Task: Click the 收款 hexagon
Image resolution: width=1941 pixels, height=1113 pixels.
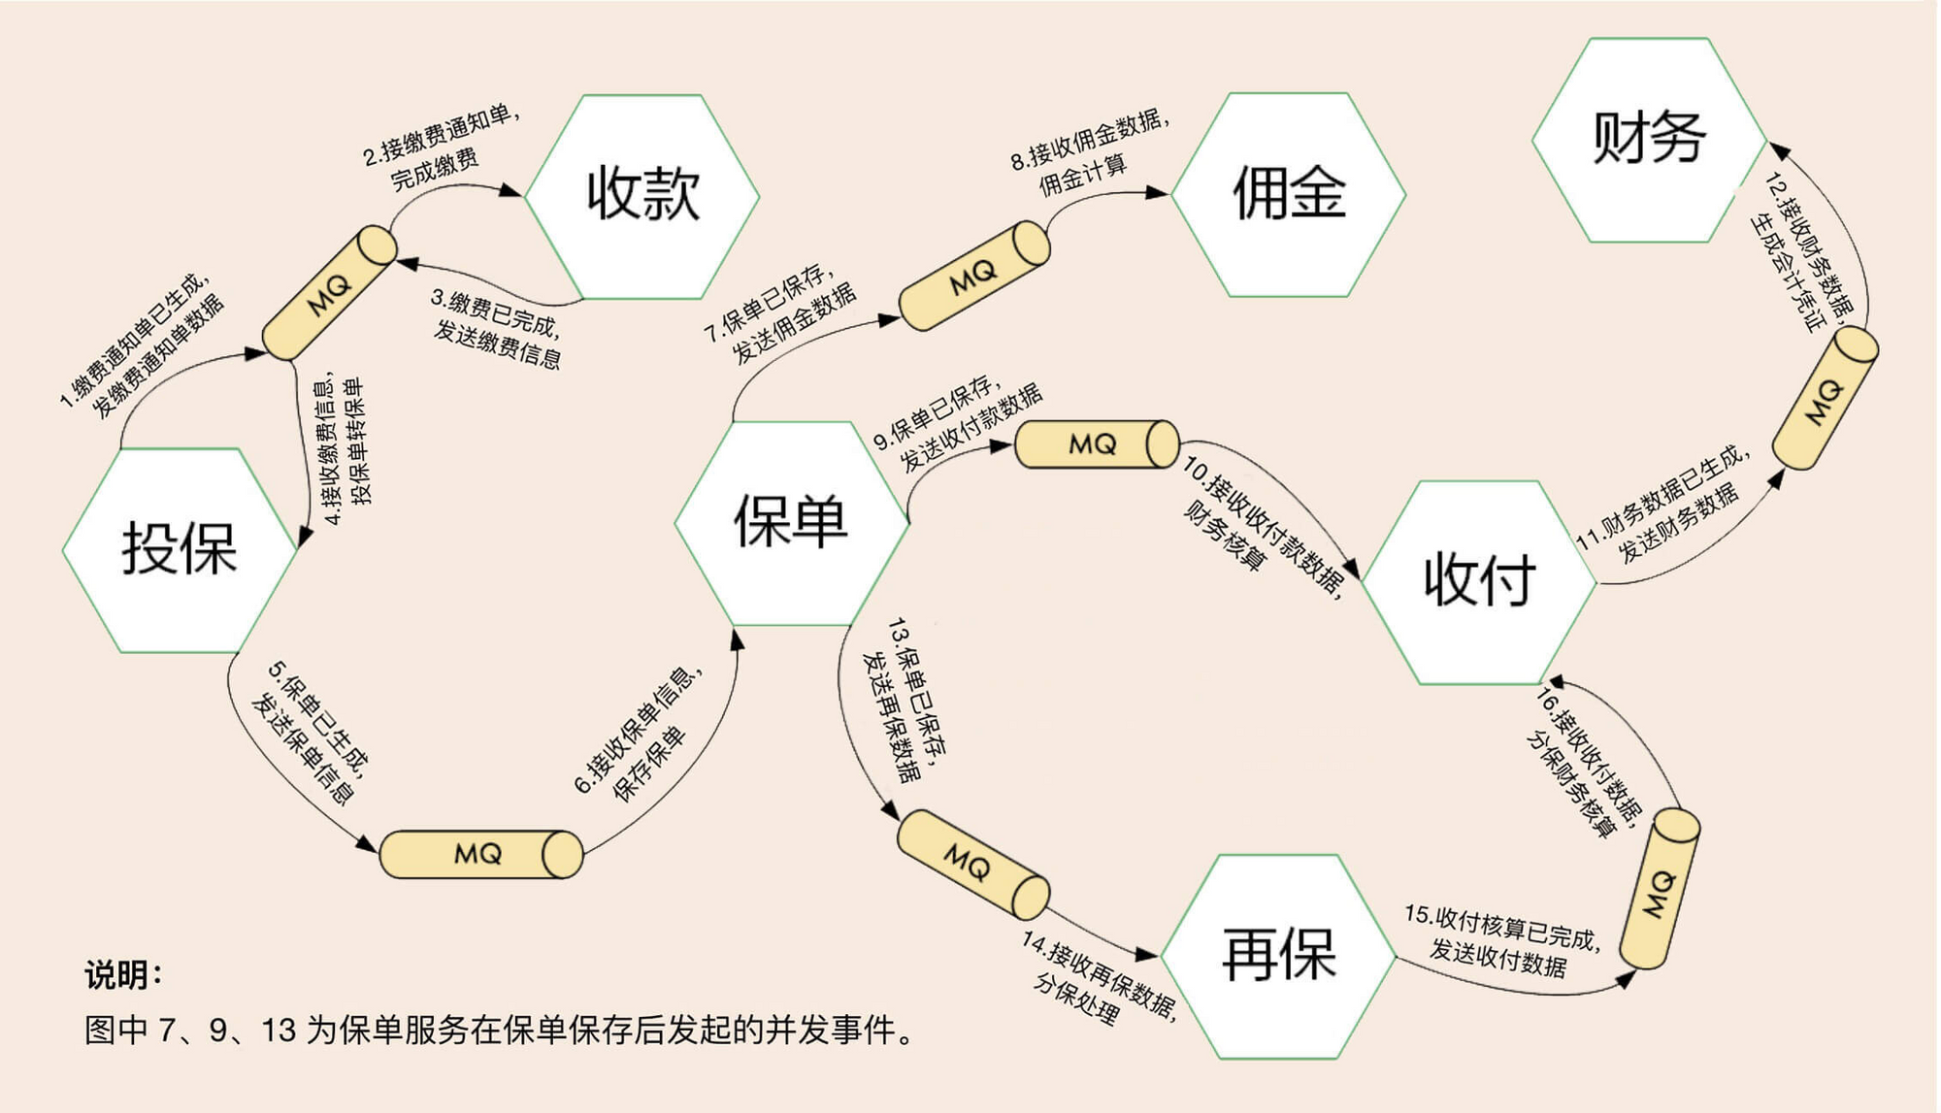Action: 642,194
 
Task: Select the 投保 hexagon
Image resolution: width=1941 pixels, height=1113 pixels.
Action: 180,549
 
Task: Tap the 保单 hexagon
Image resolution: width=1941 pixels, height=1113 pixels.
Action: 791,522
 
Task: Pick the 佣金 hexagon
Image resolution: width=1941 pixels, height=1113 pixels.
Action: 1289,194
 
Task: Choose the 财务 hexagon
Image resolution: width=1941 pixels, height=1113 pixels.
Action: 1649,139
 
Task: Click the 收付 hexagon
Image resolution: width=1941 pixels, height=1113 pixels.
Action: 1479,580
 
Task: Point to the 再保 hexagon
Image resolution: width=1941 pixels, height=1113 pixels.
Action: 1278,956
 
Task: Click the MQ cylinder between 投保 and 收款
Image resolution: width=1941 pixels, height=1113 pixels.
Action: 330,292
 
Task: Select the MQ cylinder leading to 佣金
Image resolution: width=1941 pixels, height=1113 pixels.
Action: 974,275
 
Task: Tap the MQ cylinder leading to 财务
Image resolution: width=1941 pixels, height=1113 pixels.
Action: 1826,399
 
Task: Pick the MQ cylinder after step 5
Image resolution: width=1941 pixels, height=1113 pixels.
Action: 481,854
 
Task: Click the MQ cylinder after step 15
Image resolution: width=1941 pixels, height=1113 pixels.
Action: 1661,888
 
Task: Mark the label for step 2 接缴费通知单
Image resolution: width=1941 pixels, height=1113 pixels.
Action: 442,146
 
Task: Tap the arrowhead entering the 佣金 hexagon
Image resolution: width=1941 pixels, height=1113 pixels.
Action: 1159,193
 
